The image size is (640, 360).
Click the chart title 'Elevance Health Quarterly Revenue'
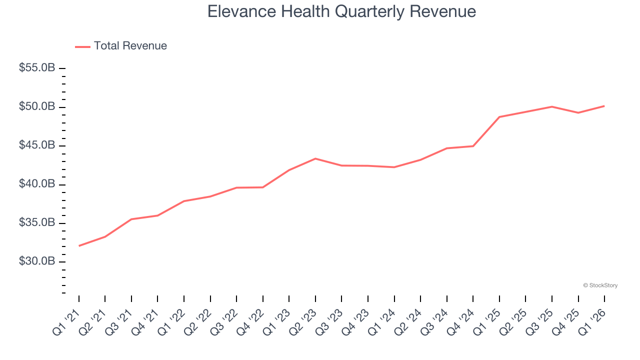click(341, 11)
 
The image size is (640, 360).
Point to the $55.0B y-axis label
click(37, 68)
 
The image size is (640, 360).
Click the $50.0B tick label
click(37, 107)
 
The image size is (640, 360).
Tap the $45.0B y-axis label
click(37, 145)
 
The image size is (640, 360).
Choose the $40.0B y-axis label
click(37, 184)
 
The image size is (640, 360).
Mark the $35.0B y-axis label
click(37, 223)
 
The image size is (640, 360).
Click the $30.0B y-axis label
click(37, 261)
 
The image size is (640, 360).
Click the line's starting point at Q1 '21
click(79, 245)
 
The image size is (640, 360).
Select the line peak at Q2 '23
click(315, 158)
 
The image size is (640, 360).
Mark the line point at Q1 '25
click(499, 117)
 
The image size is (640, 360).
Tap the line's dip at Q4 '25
click(578, 112)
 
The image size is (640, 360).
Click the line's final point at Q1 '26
click(604, 106)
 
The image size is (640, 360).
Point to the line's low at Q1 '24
click(394, 167)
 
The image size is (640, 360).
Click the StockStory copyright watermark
click(600, 285)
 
